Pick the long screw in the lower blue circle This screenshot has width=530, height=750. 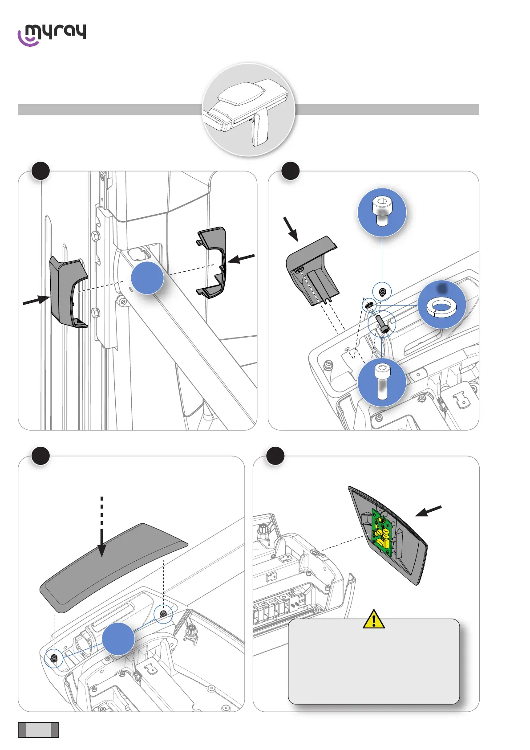(x=382, y=382)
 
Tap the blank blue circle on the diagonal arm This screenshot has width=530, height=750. (x=147, y=277)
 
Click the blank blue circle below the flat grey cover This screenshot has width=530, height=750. (x=118, y=639)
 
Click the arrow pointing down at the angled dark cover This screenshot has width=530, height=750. (x=291, y=229)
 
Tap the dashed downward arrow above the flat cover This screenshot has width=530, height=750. (x=102, y=526)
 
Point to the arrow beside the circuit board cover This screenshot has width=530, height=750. (x=428, y=511)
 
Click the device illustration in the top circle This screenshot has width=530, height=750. (x=248, y=110)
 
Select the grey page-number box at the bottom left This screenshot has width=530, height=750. (x=38, y=730)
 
